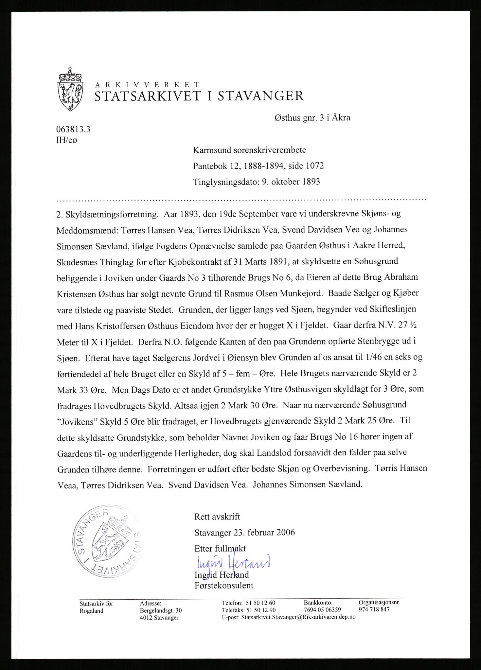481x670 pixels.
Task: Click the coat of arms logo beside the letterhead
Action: click(x=70, y=89)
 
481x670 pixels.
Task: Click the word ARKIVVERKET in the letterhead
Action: click(x=147, y=85)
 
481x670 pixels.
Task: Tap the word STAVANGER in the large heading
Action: click(x=261, y=96)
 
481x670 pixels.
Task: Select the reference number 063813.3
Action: click(x=73, y=129)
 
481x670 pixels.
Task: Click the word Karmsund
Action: click(x=212, y=150)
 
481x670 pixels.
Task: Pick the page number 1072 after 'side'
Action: click(x=314, y=166)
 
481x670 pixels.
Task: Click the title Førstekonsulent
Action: click(x=224, y=585)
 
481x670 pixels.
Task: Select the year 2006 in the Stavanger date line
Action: click(x=285, y=533)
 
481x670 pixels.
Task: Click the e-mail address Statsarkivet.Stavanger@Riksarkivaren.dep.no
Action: click(x=298, y=617)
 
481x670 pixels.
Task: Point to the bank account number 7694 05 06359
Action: click(x=322, y=609)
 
